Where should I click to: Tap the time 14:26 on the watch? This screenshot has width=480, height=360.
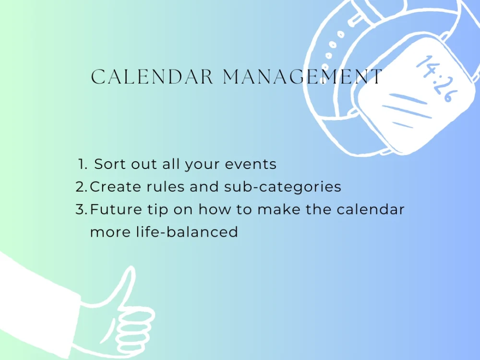434,78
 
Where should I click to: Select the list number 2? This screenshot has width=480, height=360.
81,187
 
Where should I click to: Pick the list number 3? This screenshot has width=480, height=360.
81,210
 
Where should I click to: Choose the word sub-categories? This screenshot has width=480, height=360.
283,187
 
